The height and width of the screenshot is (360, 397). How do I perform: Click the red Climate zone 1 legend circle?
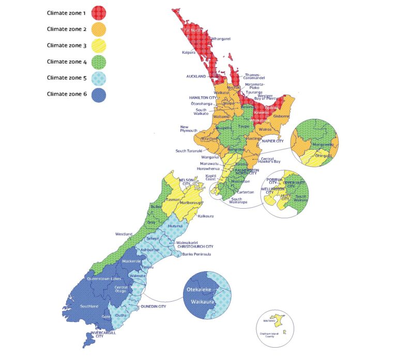[x=99, y=12]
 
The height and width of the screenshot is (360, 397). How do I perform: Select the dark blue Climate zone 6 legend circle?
[x=99, y=95]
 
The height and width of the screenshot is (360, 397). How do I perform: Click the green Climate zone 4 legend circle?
[x=99, y=62]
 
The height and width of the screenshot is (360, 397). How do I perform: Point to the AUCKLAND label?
[x=196, y=76]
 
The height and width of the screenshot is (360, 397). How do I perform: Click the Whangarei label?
[x=222, y=39]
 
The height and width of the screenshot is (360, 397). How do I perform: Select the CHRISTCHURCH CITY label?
[x=195, y=247]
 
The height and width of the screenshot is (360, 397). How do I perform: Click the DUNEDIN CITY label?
[x=154, y=306]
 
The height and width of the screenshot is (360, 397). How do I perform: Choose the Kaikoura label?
[x=206, y=216]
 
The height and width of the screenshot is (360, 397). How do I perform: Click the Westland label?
[x=123, y=234]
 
